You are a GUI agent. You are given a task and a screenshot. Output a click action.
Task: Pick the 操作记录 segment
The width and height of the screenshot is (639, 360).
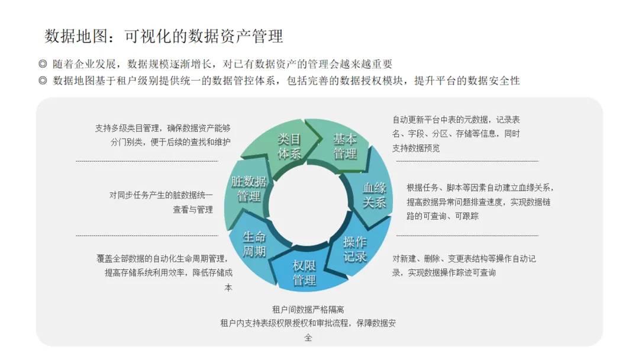coord(356,249)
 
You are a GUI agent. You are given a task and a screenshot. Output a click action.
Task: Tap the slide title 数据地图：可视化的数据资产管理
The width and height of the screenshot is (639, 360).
coord(164,36)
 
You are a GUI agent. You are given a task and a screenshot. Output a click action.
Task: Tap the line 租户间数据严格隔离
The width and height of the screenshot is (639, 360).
coord(308,309)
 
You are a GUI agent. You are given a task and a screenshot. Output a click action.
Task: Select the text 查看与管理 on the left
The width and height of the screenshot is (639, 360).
coord(193,210)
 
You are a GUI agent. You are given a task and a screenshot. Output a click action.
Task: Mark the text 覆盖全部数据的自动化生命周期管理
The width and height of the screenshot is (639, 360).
coord(160,259)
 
